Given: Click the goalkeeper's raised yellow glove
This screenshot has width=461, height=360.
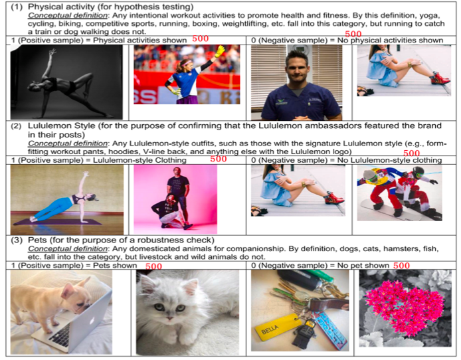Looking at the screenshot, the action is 221,52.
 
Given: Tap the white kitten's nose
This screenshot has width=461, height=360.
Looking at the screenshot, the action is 169,318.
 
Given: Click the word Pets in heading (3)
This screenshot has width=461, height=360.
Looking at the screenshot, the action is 37,240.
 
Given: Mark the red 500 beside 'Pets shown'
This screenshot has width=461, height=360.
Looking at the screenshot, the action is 153,266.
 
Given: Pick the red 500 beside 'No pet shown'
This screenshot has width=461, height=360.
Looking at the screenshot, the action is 401,266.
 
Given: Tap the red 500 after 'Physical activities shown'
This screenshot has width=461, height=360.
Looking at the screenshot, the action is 200,39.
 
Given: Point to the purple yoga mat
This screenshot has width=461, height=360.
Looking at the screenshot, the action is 58,222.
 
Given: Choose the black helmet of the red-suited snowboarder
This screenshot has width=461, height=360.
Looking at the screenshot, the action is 417,171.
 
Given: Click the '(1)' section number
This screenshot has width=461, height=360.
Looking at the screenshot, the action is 17,7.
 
